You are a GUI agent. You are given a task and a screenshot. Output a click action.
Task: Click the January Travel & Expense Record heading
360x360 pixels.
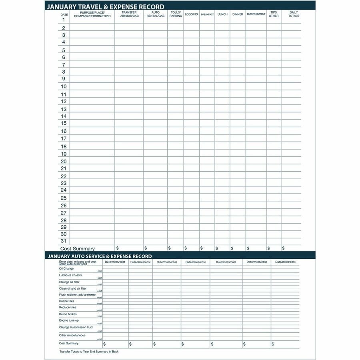pos(106,7)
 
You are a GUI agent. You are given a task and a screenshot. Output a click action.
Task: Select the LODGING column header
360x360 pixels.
pos(191,14)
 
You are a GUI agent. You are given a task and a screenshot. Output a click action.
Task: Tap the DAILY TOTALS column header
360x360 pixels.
pos(294,14)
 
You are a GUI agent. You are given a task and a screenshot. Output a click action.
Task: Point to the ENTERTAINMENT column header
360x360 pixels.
pos(256,14)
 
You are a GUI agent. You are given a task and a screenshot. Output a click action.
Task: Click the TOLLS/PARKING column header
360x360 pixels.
pos(176,14)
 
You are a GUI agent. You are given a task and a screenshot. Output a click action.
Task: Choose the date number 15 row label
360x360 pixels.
pos(64,124)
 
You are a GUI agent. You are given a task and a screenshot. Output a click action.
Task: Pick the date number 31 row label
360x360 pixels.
pos(64,241)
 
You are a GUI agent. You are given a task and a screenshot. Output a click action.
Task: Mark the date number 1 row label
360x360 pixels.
pos(64,20)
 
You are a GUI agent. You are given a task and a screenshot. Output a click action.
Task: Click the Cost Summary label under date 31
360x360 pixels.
pos(78,249)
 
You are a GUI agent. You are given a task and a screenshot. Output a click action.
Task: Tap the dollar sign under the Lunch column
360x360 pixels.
pos(217,248)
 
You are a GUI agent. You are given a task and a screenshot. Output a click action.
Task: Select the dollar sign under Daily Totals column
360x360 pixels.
pos(283,248)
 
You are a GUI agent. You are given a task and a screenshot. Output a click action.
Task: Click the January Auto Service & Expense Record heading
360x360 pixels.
pos(100,256)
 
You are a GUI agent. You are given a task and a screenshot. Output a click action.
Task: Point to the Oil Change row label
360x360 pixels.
pos(66,269)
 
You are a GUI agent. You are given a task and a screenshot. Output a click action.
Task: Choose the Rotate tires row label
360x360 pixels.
pos(66,301)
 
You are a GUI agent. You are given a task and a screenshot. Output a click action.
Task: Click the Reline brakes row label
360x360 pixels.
pos(68,314)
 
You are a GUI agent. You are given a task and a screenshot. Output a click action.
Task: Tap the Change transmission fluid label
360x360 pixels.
pos(76,327)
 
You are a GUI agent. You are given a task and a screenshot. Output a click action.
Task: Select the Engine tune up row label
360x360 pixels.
pos(69,320)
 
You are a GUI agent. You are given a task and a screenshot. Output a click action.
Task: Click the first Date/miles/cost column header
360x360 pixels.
pos(115,262)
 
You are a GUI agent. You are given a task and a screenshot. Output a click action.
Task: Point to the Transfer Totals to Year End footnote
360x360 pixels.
pos(89,352)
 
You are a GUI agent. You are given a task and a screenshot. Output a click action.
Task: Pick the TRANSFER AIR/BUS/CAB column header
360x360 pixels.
pos(129,14)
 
